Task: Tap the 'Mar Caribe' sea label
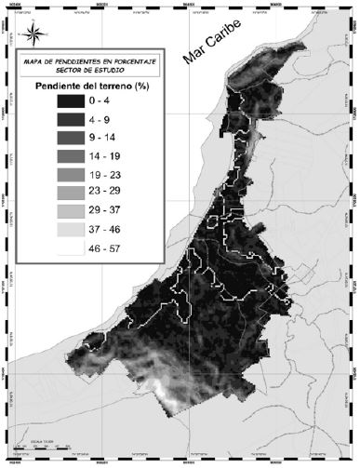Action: [x=210, y=60]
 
